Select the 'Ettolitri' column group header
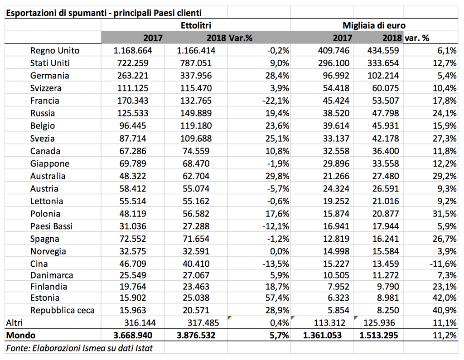click(196, 25)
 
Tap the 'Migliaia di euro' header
click(374, 25)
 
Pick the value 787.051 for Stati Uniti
click(196, 63)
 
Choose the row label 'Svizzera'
click(46, 88)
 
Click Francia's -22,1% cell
click(276, 101)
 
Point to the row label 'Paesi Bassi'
click(51, 226)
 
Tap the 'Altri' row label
click(14, 323)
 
